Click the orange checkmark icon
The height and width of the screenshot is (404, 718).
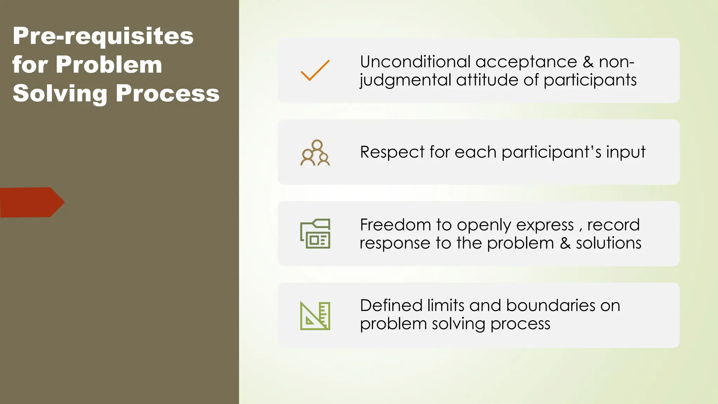[x=315, y=70]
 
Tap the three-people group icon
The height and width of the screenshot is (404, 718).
[x=315, y=153]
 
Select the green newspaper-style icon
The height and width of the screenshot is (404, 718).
[x=315, y=234]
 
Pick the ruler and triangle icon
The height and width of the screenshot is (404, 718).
[x=315, y=316]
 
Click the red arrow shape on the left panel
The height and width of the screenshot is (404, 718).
[x=32, y=202]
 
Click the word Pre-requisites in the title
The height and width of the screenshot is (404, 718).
[x=103, y=36]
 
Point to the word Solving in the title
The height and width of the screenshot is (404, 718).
[x=60, y=94]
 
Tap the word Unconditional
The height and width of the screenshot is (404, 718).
[x=415, y=62]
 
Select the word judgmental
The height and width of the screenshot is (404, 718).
[x=405, y=80]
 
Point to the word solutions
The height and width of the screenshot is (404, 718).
[x=609, y=243]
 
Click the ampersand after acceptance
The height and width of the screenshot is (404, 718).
[x=588, y=62]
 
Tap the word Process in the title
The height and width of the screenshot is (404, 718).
[x=167, y=94]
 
